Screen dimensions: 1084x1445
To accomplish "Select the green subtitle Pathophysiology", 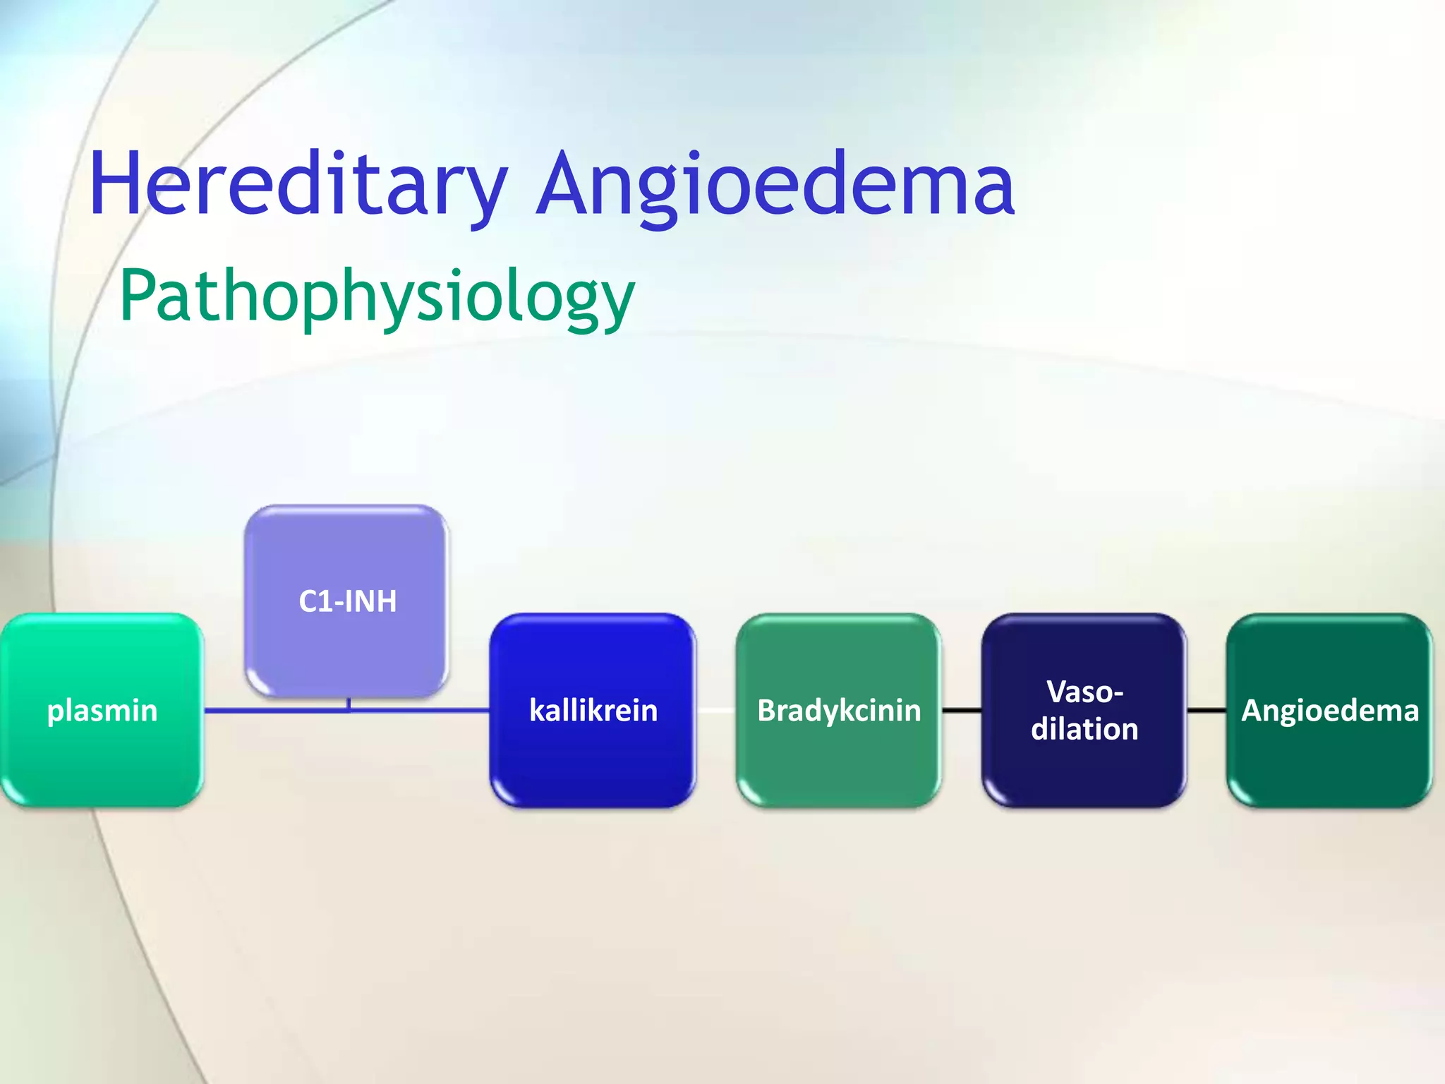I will [377, 296].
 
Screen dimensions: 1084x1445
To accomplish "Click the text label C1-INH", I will [347, 601].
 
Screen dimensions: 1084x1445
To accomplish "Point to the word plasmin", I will [102, 710].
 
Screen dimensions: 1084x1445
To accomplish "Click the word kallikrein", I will [593, 710].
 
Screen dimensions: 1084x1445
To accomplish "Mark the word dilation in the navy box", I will [1084, 729].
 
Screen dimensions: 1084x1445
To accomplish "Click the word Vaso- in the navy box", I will [1084, 692].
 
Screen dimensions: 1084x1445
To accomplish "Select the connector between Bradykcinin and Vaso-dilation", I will [961, 710].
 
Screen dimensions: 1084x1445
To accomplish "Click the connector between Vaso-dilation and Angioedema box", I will [1207, 710].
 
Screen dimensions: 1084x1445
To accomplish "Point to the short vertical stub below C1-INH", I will [349, 704].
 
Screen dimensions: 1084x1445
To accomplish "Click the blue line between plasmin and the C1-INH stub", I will [275, 710].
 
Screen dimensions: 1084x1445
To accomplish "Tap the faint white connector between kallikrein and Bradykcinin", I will [715, 710].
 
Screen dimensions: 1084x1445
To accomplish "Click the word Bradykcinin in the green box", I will [838, 710].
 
